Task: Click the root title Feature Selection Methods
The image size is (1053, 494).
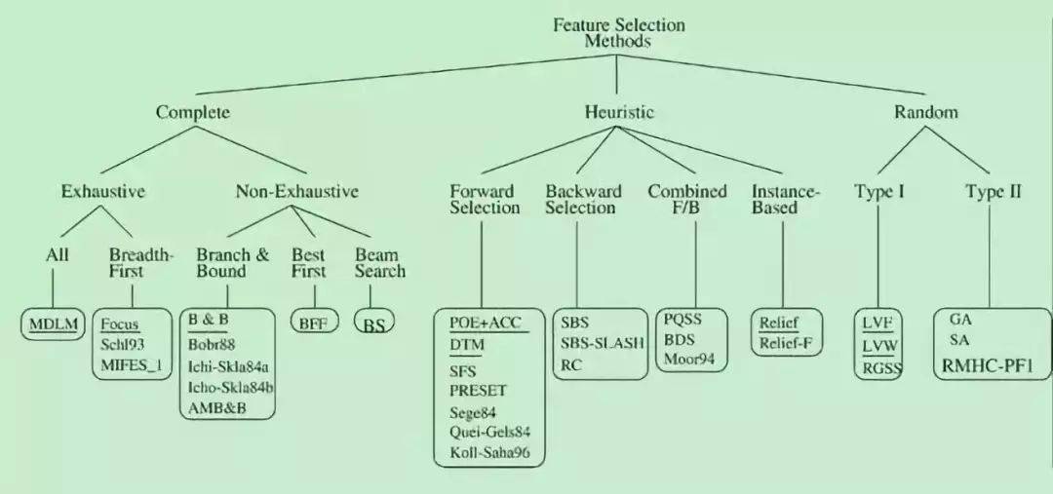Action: click(x=618, y=33)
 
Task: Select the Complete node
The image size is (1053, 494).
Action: click(x=193, y=113)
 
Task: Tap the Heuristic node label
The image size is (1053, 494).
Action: click(x=618, y=112)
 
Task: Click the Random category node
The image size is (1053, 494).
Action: click(x=925, y=112)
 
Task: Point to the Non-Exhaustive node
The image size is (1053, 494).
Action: click(x=296, y=191)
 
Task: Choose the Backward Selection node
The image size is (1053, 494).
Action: click(x=582, y=200)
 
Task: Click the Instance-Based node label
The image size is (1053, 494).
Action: click(x=784, y=200)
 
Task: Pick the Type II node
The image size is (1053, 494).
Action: click(x=994, y=191)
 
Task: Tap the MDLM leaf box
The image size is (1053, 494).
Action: click(x=53, y=324)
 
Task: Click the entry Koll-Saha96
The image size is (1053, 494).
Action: click(x=489, y=452)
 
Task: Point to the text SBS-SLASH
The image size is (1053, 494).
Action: click(x=603, y=344)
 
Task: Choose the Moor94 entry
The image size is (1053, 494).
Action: click(x=688, y=360)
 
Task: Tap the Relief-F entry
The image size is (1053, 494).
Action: click(x=786, y=344)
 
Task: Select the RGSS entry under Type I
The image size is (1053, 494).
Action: click(x=881, y=366)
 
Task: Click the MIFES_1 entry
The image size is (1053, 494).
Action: click(x=132, y=366)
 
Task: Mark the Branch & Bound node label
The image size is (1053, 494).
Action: click(x=232, y=263)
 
